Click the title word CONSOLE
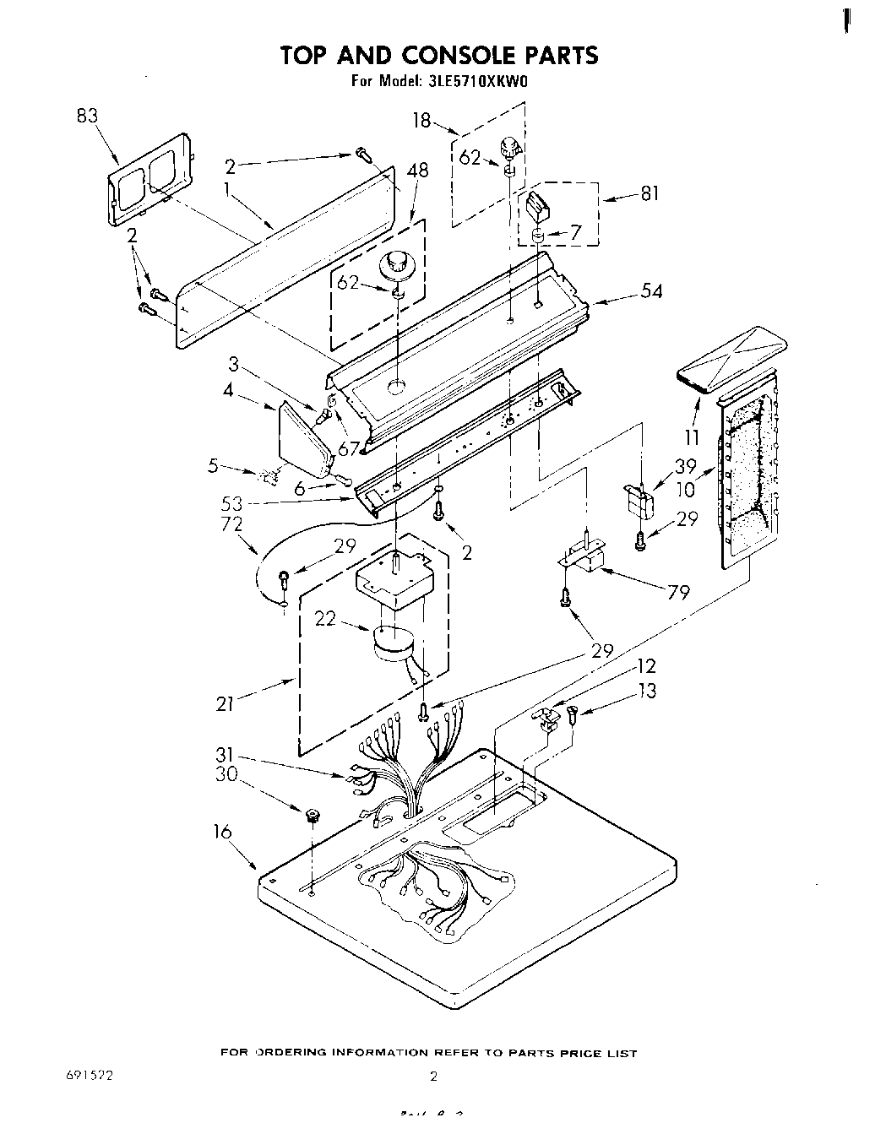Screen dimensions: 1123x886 point(448,56)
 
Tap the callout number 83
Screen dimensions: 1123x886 point(88,117)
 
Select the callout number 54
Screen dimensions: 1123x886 point(651,292)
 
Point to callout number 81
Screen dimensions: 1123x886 point(650,193)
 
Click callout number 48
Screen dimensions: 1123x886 point(417,171)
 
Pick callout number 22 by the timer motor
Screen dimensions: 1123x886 point(326,619)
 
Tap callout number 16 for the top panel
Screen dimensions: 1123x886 point(222,832)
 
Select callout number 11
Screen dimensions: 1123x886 point(693,437)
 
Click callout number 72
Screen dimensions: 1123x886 point(231,524)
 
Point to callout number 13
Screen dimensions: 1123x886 point(646,691)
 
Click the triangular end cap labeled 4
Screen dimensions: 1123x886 point(303,442)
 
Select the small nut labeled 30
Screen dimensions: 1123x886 point(312,816)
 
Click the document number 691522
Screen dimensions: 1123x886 point(89,1076)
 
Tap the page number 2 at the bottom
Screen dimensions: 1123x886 point(434,1077)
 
